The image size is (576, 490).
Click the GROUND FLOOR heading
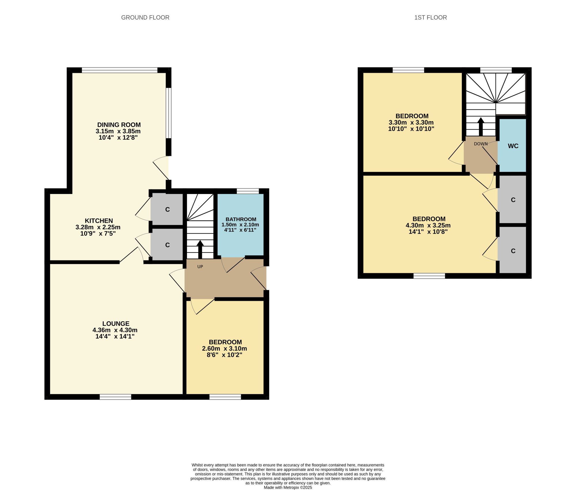145,18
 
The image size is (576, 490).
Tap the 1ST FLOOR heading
431,18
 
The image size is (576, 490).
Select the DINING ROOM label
119,125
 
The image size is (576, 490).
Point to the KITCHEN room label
99,221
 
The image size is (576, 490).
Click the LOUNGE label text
116,324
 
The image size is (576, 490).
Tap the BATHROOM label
241,219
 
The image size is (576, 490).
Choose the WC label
513,146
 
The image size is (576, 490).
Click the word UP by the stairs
200,267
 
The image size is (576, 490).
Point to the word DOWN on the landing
481,144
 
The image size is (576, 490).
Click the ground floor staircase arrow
200,250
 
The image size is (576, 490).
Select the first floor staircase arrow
481,127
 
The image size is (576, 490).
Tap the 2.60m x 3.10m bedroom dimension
225,348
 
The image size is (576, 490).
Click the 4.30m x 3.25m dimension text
428,225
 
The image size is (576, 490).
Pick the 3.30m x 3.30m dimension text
411,122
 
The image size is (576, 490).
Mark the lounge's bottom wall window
115,397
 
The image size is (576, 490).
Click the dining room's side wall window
169,113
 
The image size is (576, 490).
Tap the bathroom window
248,191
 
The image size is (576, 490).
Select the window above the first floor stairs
496,70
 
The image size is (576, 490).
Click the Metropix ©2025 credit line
288,487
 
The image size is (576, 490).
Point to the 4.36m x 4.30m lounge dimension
115,330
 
